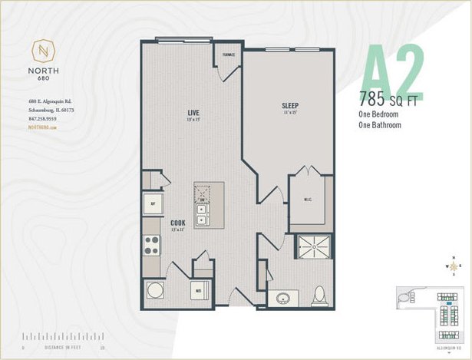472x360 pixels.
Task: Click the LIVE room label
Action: point(193,114)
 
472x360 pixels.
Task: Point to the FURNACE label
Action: point(229,55)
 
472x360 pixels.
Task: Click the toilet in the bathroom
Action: point(320,294)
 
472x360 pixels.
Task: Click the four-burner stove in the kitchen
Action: point(151,246)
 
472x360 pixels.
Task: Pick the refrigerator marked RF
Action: point(152,204)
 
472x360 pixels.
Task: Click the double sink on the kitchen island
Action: point(202,211)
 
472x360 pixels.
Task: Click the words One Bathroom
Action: point(380,124)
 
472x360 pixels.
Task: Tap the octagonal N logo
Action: point(43,52)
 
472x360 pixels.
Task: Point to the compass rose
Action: point(454,267)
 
